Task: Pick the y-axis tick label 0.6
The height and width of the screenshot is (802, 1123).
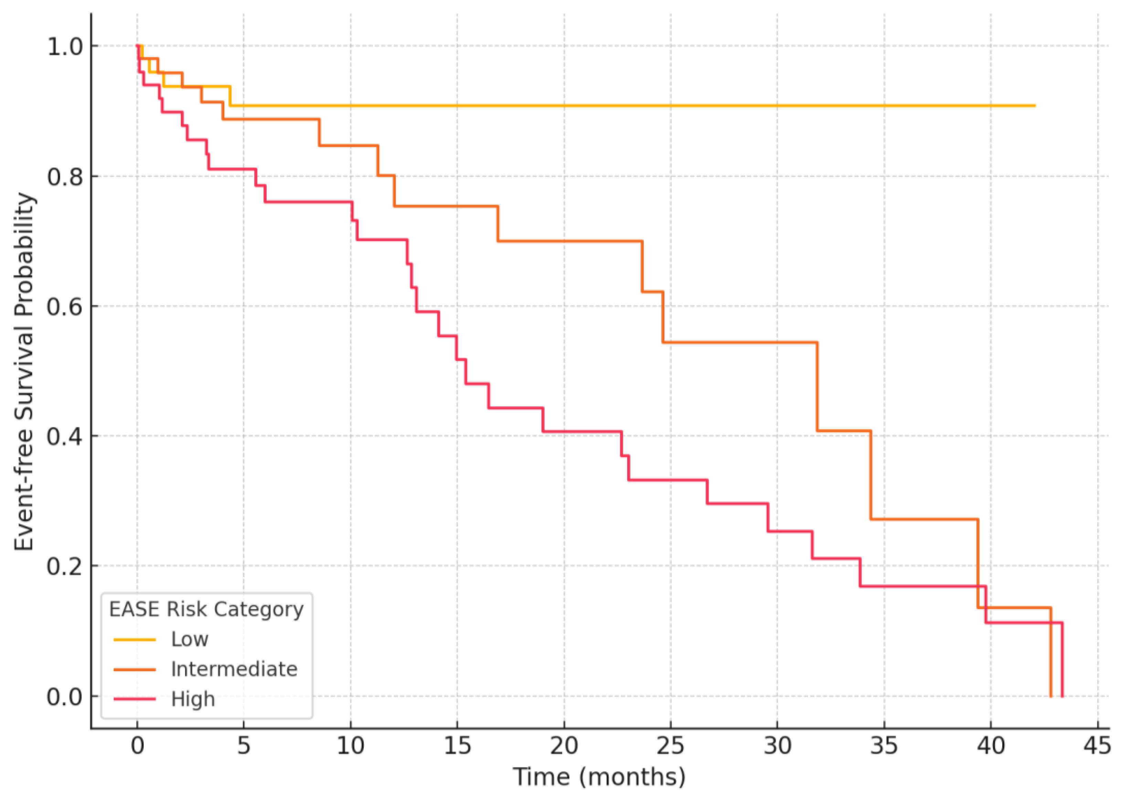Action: (65, 307)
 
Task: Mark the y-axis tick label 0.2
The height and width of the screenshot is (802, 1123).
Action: (65, 566)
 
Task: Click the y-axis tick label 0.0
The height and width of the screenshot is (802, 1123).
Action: (65, 697)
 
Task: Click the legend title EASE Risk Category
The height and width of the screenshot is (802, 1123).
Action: (206, 609)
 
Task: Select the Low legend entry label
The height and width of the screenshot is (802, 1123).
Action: (190, 640)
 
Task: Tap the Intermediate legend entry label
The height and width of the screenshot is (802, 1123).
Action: (234, 669)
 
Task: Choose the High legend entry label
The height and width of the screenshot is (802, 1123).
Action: (193, 699)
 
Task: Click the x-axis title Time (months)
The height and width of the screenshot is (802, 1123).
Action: (599, 777)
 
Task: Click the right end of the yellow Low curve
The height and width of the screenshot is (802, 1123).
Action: (1034, 106)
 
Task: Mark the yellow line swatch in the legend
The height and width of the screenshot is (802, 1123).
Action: (134, 640)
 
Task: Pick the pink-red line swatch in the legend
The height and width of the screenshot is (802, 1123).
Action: (134, 699)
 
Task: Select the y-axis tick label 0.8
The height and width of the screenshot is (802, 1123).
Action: (65, 177)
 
